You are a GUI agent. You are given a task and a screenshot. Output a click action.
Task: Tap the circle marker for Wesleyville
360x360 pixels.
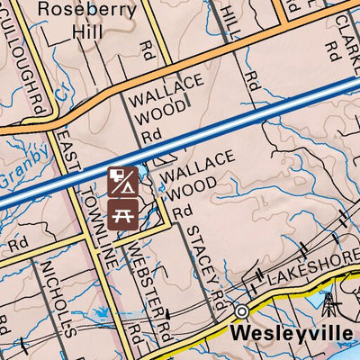pos(241,311)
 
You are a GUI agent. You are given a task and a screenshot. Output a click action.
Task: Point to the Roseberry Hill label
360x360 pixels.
pos(87,22)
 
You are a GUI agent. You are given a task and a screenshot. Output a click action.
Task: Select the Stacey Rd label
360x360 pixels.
pos(202,261)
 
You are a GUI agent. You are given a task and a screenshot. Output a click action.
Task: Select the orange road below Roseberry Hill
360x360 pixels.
pos(135,78)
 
